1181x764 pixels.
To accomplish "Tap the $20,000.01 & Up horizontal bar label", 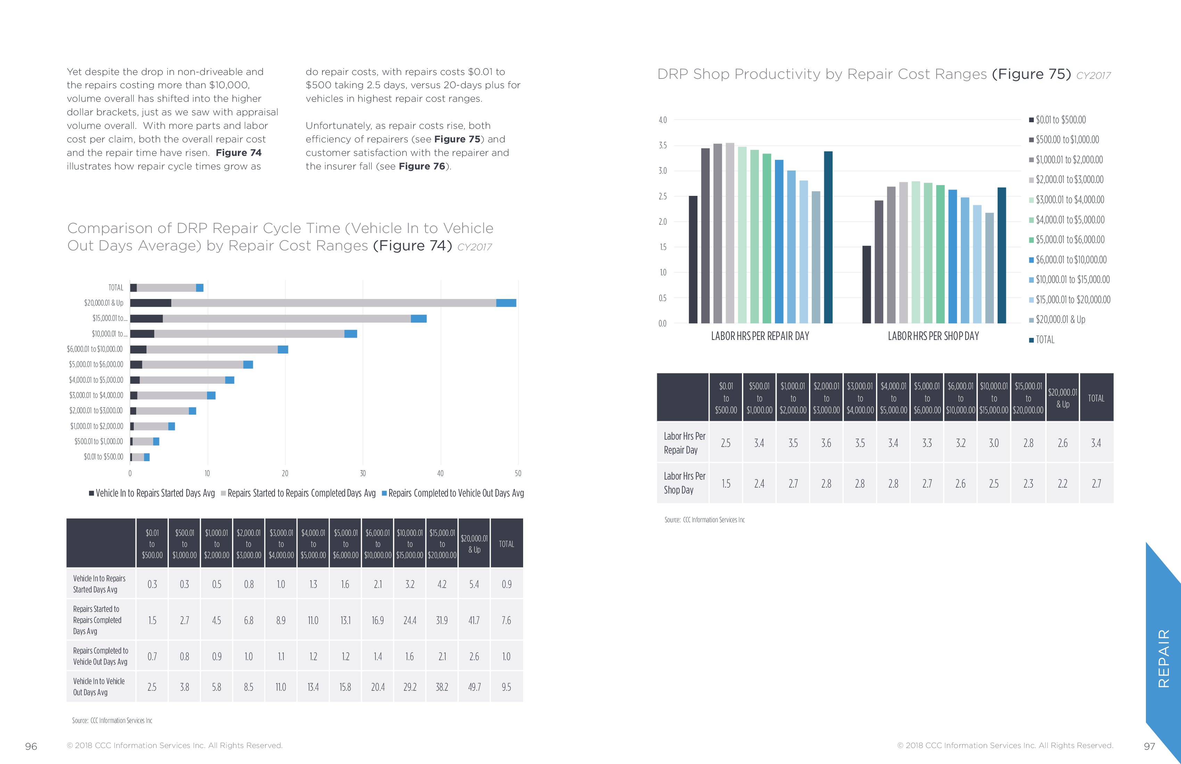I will click(104, 302).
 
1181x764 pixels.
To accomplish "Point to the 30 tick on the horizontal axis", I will click(363, 473).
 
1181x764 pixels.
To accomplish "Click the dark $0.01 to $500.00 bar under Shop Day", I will click(866, 284).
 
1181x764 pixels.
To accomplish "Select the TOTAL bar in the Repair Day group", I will click(828, 237).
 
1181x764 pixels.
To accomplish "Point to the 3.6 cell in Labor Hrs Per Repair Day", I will click(826, 443).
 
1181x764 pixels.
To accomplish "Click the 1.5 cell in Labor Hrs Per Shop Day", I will click(726, 484).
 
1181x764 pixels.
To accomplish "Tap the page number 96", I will click(31, 747).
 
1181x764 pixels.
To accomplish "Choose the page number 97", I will click(1149, 747).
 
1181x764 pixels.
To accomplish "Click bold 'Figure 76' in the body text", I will click(422, 166).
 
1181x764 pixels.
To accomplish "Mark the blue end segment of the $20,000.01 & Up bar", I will click(506, 302).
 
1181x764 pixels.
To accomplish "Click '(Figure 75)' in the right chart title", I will click(1031, 74).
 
